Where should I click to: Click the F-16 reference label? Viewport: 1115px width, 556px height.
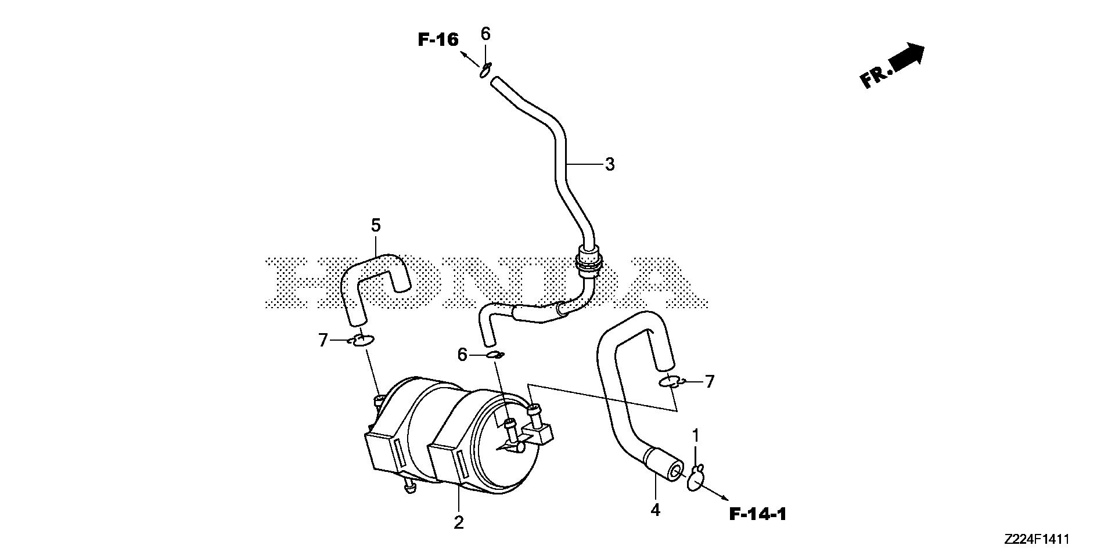(438, 39)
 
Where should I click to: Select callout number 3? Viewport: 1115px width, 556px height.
(609, 164)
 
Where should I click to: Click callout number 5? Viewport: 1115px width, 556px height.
(376, 225)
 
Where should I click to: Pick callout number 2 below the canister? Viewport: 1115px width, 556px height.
(459, 522)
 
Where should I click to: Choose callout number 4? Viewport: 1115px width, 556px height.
(656, 510)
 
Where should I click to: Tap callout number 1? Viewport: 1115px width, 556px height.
(695, 435)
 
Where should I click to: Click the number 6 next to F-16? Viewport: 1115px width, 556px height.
(485, 34)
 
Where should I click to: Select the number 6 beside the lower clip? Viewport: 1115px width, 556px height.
(462, 354)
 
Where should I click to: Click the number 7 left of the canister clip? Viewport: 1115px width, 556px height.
(323, 340)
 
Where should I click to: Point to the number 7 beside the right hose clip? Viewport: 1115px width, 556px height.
(709, 381)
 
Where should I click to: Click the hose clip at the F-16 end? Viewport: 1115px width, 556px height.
(485, 70)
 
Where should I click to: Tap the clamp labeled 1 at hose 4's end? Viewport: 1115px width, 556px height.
(695, 479)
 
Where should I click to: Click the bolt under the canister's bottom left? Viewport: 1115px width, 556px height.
(409, 489)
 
